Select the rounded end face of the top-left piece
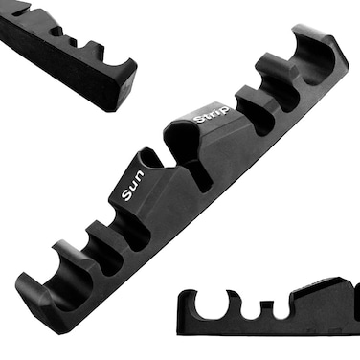[124, 81]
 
